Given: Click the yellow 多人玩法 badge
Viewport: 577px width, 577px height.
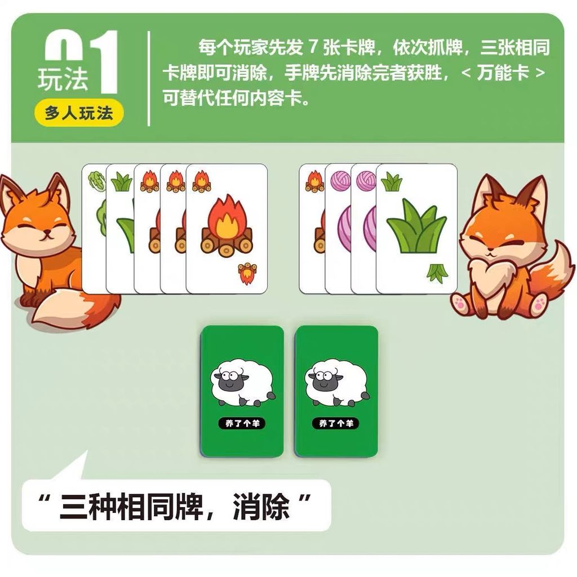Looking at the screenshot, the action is click(x=79, y=113).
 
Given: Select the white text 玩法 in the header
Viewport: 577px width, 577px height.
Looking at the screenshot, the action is click(x=63, y=78).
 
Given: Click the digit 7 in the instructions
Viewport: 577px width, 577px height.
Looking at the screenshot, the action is click(x=313, y=47).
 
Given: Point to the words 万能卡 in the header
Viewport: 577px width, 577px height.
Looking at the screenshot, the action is click(x=503, y=73).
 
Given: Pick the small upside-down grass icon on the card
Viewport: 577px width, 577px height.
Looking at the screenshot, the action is click(x=437, y=273).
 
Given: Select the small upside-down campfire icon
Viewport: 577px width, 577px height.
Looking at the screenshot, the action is click(x=247, y=273).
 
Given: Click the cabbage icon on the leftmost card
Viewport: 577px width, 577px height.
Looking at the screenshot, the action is click(x=96, y=181).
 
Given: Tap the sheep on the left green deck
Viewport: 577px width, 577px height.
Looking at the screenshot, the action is click(x=242, y=383).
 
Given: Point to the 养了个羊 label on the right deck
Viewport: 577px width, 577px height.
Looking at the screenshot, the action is click(x=336, y=423).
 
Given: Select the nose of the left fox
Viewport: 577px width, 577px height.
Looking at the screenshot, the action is click(x=47, y=232).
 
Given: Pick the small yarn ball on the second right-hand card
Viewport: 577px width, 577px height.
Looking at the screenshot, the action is click(x=340, y=181).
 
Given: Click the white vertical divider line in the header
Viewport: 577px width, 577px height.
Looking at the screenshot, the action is click(x=149, y=78).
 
